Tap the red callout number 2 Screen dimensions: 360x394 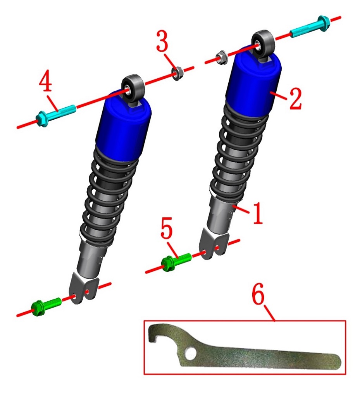(295, 98)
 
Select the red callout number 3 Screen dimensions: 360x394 (162, 41)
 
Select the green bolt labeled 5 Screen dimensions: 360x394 (176, 262)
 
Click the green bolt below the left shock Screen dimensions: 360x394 (46, 306)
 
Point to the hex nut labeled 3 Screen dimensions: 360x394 (177, 73)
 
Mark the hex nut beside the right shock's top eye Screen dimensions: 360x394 (222, 57)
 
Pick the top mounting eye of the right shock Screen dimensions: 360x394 (263, 44)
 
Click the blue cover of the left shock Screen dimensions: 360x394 (124, 126)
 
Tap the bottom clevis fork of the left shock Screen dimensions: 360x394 (84, 288)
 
